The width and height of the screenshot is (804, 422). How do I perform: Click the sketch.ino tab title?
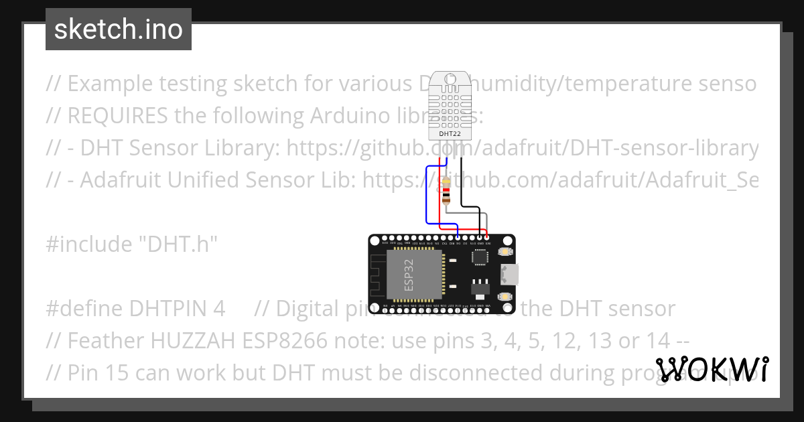coord(118,29)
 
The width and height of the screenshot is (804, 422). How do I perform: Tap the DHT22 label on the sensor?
coord(450,133)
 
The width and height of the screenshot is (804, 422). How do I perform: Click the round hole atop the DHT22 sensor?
coord(450,84)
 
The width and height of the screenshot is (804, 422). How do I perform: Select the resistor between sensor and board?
coord(446,190)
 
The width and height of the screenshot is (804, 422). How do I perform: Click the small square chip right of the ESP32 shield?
coord(480,257)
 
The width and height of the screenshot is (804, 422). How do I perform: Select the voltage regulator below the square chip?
coord(480,286)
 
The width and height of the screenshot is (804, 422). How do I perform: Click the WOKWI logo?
coord(712,369)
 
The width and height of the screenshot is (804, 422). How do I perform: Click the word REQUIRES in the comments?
coord(117,116)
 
